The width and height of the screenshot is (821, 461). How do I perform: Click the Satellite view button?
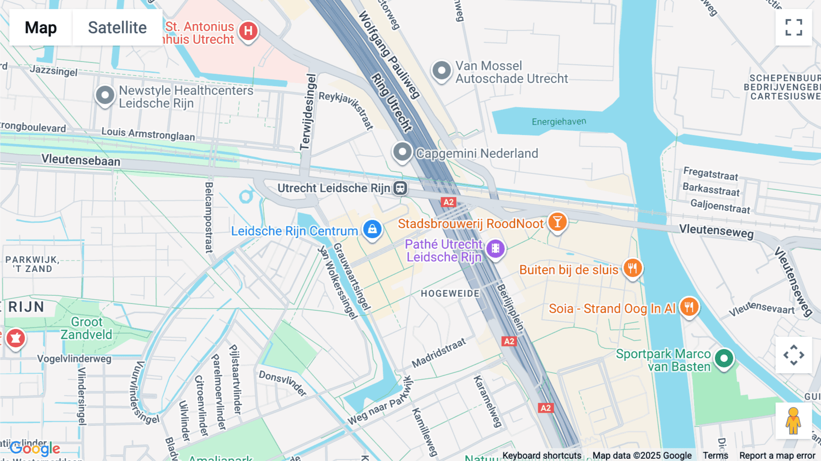pyautogui.click(x=117, y=27)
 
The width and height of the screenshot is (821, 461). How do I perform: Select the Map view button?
pyautogui.click(x=41, y=27)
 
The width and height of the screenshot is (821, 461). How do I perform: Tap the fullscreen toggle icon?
pyautogui.click(x=794, y=27)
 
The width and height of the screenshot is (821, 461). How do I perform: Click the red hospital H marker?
pyautogui.click(x=248, y=31)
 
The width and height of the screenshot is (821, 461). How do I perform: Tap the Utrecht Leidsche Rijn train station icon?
pyautogui.click(x=400, y=188)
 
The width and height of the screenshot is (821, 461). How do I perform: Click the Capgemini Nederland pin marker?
pyautogui.click(x=402, y=152)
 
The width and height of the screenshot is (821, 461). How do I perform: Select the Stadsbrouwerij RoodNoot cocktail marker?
pyautogui.click(x=557, y=222)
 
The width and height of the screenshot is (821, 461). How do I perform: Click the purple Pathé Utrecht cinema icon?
pyautogui.click(x=495, y=249)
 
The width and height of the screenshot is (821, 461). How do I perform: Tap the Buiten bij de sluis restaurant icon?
pyautogui.click(x=632, y=268)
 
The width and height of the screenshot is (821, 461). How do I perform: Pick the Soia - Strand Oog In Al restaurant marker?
pyautogui.click(x=689, y=307)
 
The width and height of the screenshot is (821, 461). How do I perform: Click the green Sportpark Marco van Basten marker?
pyautogui.click(x=724, y=358)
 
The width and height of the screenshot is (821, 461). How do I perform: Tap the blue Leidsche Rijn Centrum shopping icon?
pyautogui.click(x=372, y=229)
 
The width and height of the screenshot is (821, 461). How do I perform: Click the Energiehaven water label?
pyautogui.click(x=559, y=122)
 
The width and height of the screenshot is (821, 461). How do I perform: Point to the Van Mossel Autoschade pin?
pyautogui.click(x=442, y=71)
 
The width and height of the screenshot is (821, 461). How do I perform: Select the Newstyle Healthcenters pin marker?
pyautogui.click(x=105, y=95)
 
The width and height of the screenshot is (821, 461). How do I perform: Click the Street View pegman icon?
pyautogui.click(x=793, y=421)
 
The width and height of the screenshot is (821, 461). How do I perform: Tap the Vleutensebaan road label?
pyautogui.click(x=81, y=160)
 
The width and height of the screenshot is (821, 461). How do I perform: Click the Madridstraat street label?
pyautogui.click(x=439, y=353)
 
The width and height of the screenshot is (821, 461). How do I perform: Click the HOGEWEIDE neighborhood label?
pyautogui.click(x=450, y=293)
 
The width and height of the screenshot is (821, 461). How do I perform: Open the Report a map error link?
pyautogui.click(x=777, y=456)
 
